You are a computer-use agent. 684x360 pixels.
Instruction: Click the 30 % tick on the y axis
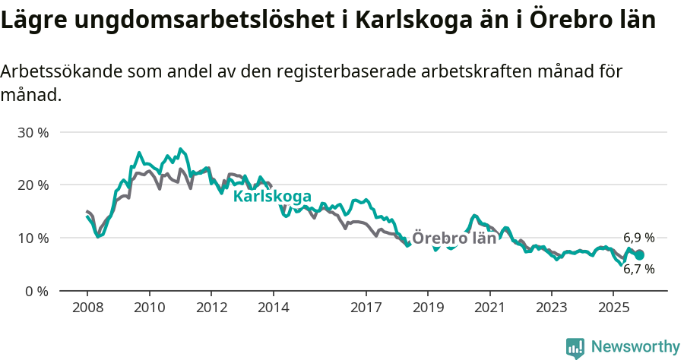click(33, 132)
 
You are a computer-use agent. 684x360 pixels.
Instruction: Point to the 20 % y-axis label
click(33, 185)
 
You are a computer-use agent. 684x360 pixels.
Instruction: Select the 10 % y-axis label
click(33, 238)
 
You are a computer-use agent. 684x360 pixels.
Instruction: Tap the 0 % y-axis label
click(36, 291)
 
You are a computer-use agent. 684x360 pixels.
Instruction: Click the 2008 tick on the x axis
click(87, 308)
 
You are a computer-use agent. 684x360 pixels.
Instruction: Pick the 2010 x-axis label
click(149, 308)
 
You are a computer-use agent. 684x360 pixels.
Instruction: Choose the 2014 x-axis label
click(273, 308)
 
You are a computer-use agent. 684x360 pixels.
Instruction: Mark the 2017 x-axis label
click(366, 308)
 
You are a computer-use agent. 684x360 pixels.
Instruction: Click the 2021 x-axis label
click(489, 308)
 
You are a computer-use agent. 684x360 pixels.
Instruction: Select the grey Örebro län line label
click(454, 238)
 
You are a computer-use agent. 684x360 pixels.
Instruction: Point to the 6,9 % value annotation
click(638, 238)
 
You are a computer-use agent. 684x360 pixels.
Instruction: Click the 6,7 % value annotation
click(638, 269)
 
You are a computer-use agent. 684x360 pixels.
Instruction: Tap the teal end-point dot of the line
click(639, 255)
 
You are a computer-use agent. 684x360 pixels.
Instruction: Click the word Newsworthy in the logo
click(635, 347)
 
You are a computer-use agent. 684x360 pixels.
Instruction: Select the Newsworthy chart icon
click(575, 348)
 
